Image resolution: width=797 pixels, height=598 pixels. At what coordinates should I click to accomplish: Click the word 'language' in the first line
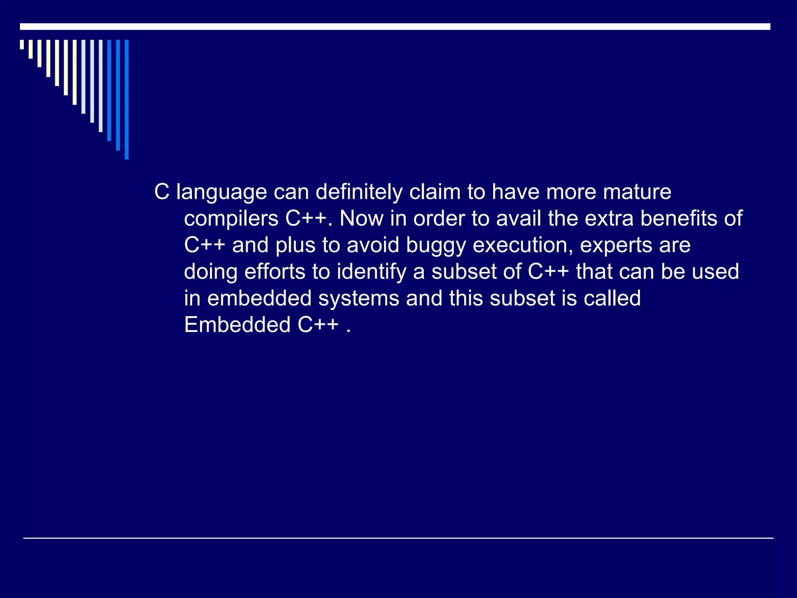point(221,192)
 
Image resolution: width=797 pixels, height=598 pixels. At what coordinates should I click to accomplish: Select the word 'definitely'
point(358,192)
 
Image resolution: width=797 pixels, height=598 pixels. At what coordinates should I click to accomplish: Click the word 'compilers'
point(231,219)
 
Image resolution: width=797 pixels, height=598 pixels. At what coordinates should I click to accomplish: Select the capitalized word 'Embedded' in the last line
point(237,325)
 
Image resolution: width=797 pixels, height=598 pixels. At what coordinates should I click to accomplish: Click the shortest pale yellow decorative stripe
point(22,44)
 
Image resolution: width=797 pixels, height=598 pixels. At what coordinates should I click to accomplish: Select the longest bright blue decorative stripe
point(126,99)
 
